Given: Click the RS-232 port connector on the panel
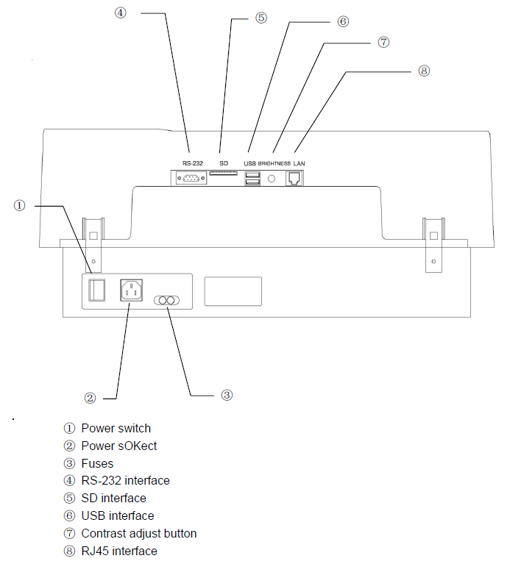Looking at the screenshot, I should pyautogui.click(x=191, y=178).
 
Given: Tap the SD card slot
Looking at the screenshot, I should pyautogui.click(x=224, y=174).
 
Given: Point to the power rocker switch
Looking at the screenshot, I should pyautogui.click(x=94, y=290).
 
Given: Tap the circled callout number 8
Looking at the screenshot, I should pyautogui.click(x=423, y=71).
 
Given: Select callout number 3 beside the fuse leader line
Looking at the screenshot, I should pyautogui.click(x=227, y=395).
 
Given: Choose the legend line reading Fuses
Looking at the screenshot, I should pyautogui.click(x=97, y=463).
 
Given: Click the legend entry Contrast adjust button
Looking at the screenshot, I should pyautogui.click(x=138, y=533).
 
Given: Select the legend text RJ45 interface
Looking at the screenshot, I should pyautogui.click(x=118, y=551).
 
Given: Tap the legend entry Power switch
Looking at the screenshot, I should pyautogui.click(x=116, y=428).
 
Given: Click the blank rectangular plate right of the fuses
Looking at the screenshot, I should pyautogui.click(x=233, y=290).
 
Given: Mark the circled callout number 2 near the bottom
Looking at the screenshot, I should pyautogui.click(x=90, y=398).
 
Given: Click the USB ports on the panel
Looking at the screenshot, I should pyautogui.click(x=252, y=178).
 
